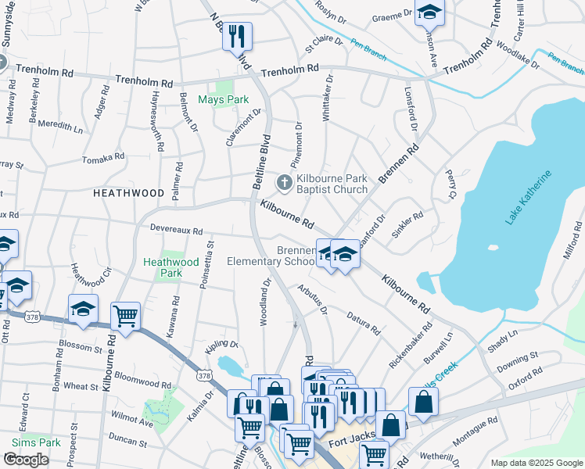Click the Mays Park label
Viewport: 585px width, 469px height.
click(223, 100)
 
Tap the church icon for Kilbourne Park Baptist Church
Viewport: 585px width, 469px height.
click(284, 183)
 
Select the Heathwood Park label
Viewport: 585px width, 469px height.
click(162, 268)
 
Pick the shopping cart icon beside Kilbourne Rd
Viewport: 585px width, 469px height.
click(125, 315)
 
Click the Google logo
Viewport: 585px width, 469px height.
click(25, 460)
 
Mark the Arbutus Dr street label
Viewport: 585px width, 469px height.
click(312, 299)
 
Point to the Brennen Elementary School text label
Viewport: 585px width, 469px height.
click(271, 256)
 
